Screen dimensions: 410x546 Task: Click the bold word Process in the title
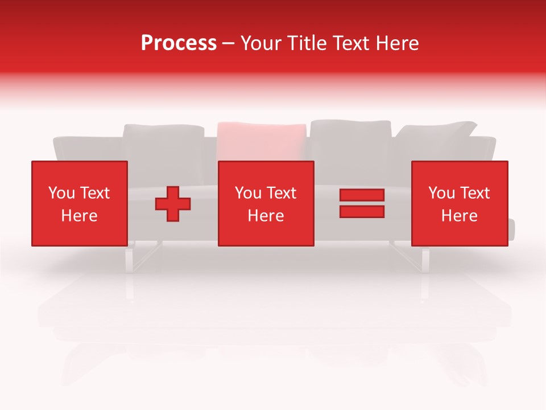pos(179,43)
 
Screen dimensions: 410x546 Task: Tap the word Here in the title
pos(395,43)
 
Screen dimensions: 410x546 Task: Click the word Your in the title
pos(259,43)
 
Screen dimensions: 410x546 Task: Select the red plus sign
pos(173,204)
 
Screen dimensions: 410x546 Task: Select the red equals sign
pos(362,203)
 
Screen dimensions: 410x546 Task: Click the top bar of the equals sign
pos(362,195)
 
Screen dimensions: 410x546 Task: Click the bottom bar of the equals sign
pos(362,211)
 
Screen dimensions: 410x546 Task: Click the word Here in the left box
pos(79,216)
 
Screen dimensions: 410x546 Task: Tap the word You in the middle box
pos(248,193)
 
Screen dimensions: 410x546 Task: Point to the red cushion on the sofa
pos(262,141)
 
